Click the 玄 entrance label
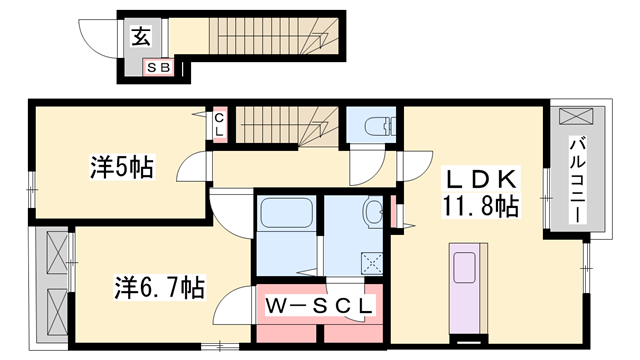tap(141, 38)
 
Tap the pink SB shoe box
tap(159, 68)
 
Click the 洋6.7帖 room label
tap(158, 288)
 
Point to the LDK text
tap(480, 181)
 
